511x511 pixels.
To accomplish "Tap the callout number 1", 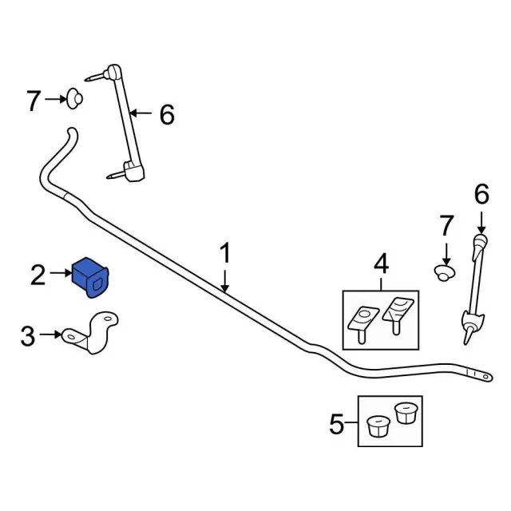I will (225, 255).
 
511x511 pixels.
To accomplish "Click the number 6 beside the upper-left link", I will (166, 115).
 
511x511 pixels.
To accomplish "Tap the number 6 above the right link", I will (481, 194).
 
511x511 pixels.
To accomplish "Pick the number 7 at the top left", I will (34, 101).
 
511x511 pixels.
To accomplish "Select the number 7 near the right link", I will (446, 225).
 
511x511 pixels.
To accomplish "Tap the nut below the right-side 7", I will (444, 273).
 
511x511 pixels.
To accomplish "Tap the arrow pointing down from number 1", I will (225, 279).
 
